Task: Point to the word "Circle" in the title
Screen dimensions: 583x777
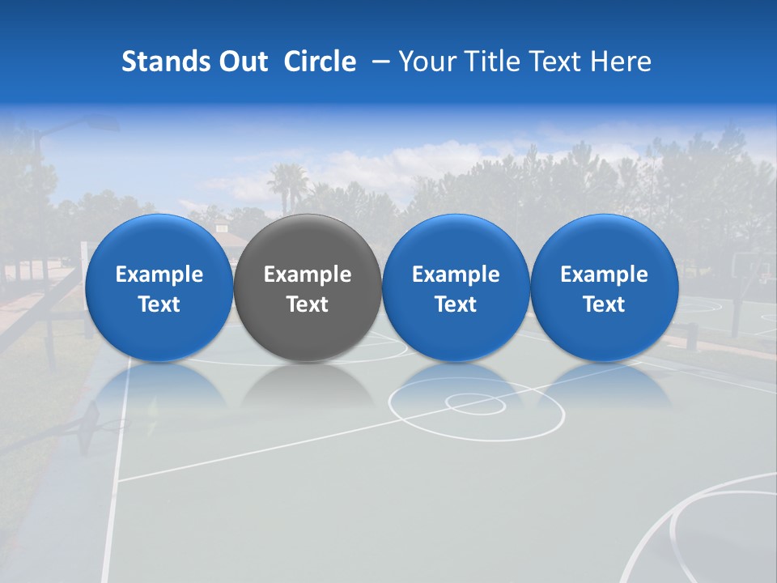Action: coord(320,62)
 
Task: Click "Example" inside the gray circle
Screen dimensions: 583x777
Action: coord(308,274)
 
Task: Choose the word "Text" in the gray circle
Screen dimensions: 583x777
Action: coord(308,304)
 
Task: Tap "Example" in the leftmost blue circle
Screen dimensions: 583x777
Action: coord(159,274)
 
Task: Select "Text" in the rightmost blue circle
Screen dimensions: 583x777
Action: coord(604,304)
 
